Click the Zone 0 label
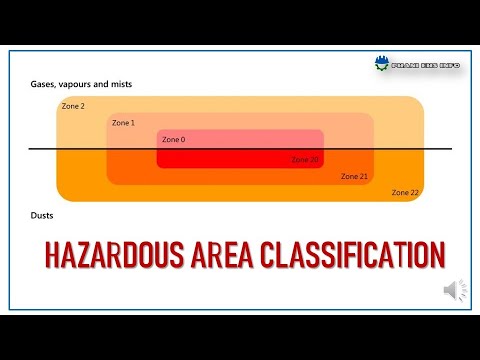tap(172, 139)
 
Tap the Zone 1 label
tap(123, 122)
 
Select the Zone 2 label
tap(73, 105)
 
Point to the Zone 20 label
tap(305, 159)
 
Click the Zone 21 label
tap(355, 176)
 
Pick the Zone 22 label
tap(405, 192)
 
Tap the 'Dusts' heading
tap(42, 215)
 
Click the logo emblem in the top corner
tap(380, 65)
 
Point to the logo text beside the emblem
tap(421, 65)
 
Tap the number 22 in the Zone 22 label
tap(414, 192)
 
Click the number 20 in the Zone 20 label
tap(314, 159)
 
